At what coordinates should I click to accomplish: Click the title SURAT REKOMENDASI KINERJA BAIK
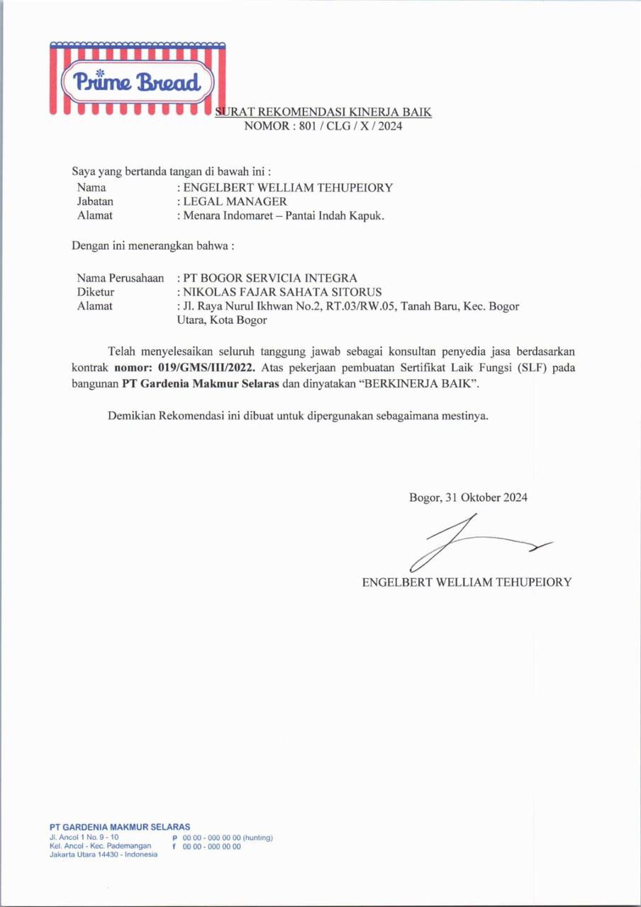click(323, 112)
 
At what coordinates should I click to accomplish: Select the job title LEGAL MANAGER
click(235, 202)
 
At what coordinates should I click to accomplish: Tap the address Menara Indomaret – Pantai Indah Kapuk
click(284, 216)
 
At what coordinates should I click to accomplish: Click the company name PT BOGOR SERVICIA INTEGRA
click(270, 278)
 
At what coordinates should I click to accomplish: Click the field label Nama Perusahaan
click(121, 278)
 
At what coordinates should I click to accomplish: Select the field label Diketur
click(96, 292)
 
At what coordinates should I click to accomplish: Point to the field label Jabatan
click(95, 202)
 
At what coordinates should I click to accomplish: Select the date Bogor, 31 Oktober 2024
click(468, 497)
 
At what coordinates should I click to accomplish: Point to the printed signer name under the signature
click(467, 582)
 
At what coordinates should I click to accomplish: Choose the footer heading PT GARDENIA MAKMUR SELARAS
click(120, 827)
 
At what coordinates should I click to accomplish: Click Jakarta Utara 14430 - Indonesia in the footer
click(104, 855)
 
